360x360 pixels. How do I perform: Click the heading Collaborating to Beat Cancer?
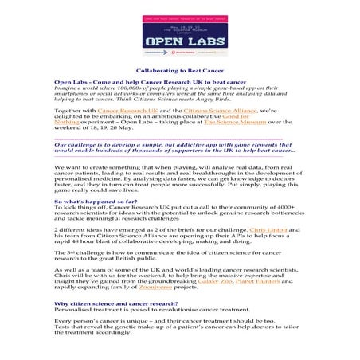coord(180,71)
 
